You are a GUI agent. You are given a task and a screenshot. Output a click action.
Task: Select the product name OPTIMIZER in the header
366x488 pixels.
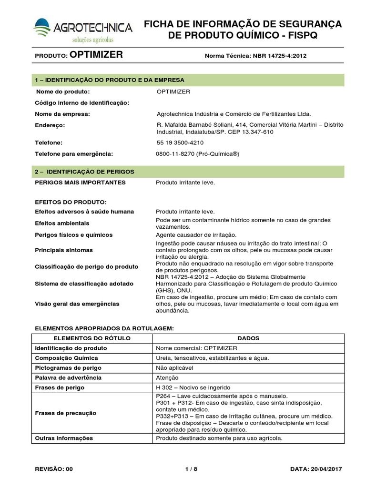pyautogui.click(x=96, y=55)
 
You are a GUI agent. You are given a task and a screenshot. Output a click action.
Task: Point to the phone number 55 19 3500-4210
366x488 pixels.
pyautogui.click(x=180, y=142)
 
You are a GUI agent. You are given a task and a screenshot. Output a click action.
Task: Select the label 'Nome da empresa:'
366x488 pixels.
pyautogui.click(x=63, y=114)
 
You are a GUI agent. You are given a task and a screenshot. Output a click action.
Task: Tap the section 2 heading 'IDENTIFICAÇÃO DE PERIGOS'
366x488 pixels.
pyautogui.click(x=91, y=171)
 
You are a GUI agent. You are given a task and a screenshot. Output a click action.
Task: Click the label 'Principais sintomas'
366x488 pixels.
pyautogui.click(x=64, y=250)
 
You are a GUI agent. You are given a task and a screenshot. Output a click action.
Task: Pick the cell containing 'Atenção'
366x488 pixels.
pyautogui.click(x=167, y=378)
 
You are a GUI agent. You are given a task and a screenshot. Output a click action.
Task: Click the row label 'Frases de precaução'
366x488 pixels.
pyautogui.click(x=66, y=413)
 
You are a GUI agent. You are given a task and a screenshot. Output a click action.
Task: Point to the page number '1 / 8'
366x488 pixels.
pyautogui.click(x=191, y=469)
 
